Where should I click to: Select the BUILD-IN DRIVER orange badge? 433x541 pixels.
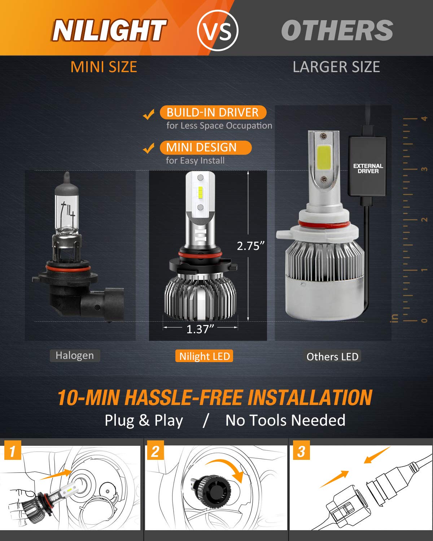tap(213, 113)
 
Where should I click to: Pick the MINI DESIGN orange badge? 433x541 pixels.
tap(205, 148)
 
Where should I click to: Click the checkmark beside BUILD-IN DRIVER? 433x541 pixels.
tap(149, 115)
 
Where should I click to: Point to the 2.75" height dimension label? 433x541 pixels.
tap(250, 246)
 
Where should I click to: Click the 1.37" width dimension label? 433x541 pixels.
tap(200, 329)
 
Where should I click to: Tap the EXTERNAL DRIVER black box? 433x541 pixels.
tap(368, 168)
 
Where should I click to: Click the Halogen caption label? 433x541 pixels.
tap(75, 356)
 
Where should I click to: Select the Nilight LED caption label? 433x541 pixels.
tap(204, 356)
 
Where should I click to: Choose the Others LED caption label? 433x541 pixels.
tap(332, 357)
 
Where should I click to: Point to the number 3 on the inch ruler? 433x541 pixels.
tap(424, 169)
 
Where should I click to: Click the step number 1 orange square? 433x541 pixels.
tap(13, 451)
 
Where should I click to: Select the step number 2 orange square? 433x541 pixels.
tap(155, 451)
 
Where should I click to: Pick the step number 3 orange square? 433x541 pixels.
tap(301, 451)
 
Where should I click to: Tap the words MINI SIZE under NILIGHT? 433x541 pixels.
tap(104, 67)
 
